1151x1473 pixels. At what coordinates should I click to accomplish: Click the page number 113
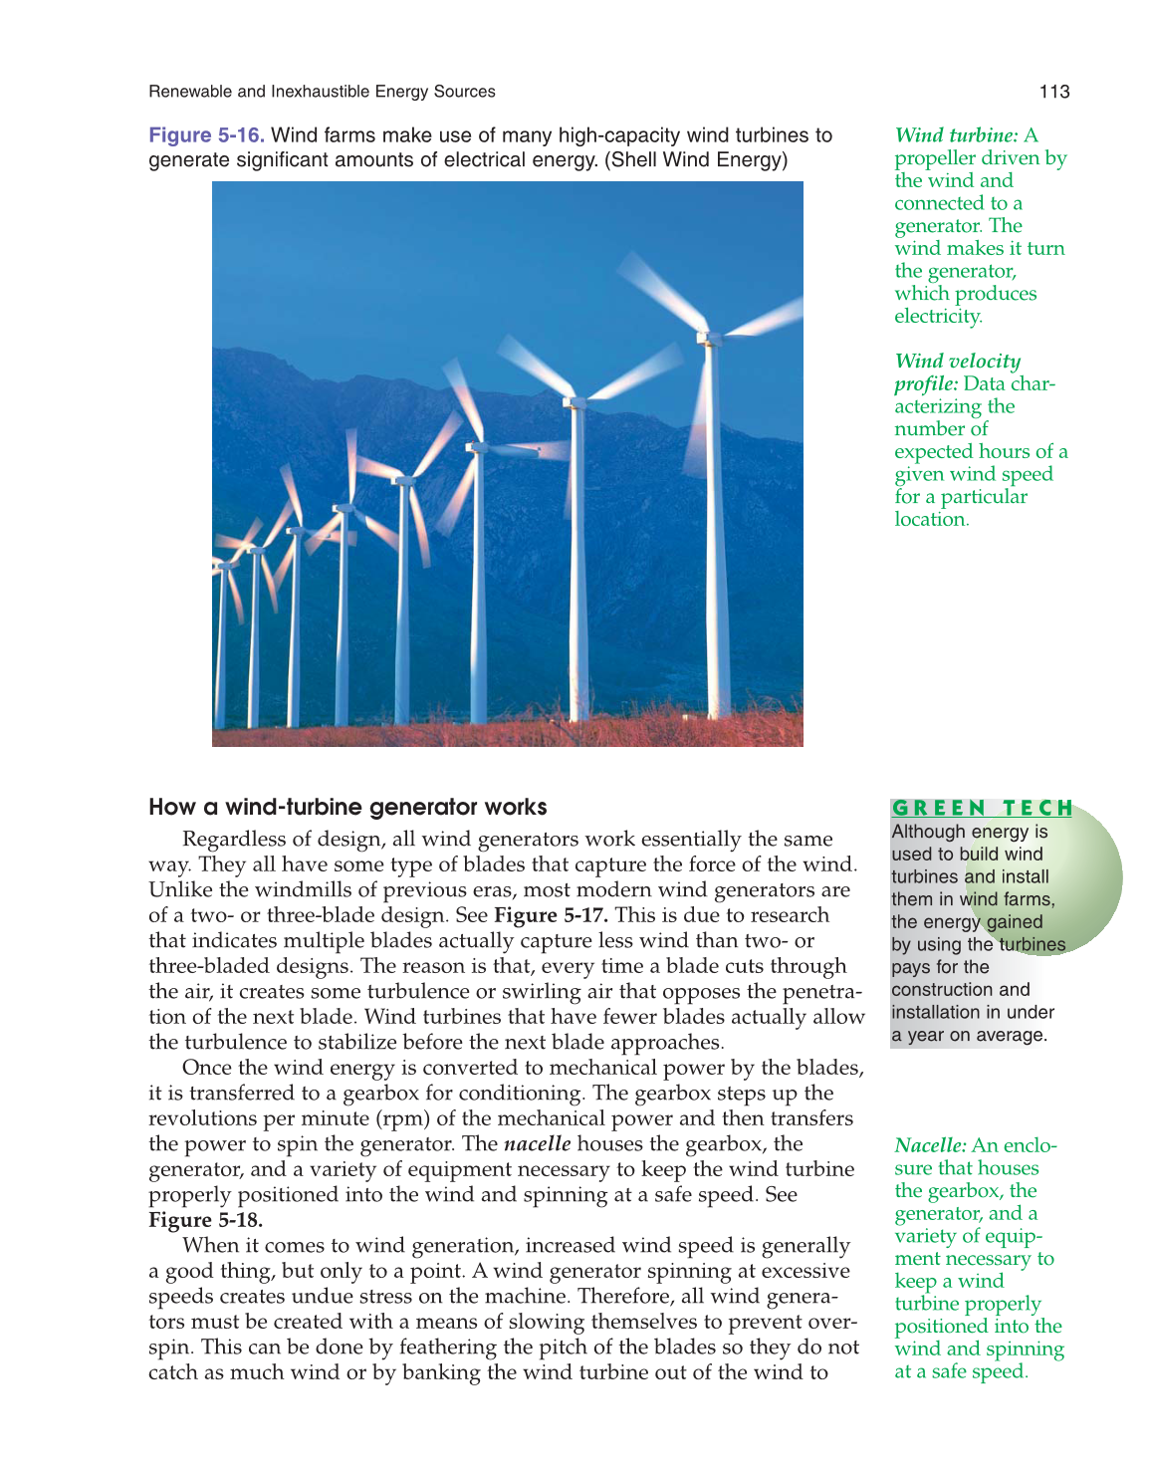tap(1053, 92)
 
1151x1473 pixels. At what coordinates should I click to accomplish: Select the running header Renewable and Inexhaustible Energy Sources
tap(322, 92)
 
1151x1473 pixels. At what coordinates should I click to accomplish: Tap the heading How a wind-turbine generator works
tap(347, 807)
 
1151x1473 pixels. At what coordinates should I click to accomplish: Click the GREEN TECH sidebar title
tap(982, 808)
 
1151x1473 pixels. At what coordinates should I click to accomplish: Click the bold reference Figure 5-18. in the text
tap(206, 1220)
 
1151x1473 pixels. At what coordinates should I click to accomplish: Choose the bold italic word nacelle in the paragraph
tap(538, 1144)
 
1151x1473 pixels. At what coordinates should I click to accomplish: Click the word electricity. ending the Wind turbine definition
tap(938, 317)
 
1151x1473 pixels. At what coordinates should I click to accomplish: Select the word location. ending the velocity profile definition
tap(931, 520)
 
